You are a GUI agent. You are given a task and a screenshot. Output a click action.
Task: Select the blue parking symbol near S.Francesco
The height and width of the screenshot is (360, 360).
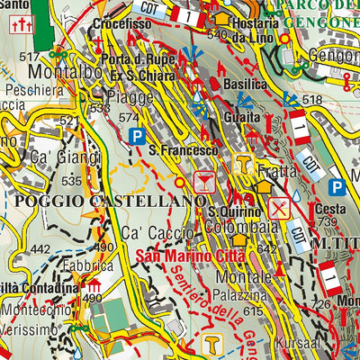pos(137,136)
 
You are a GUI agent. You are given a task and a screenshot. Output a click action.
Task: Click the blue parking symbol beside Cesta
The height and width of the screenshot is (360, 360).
pos(337,187)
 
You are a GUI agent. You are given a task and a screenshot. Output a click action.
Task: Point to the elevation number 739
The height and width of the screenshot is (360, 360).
pos(327,222)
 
